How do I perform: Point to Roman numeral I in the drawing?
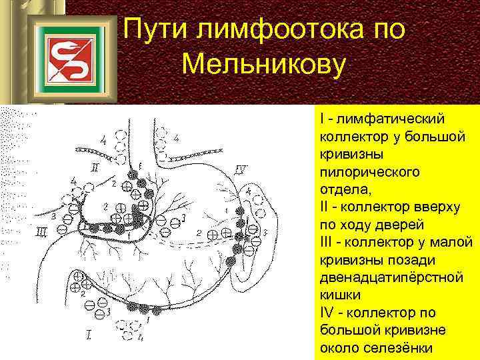coord(89,333)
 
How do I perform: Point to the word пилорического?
coord(369,173)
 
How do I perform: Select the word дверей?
coord(413,225)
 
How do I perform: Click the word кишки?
coord(341,294)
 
